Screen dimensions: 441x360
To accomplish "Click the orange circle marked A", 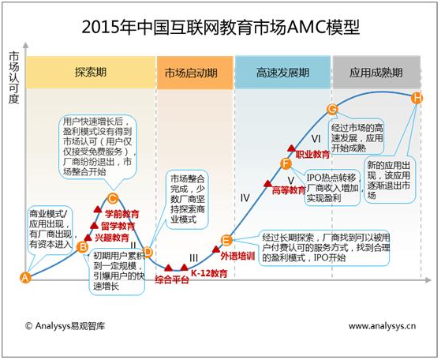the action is [25, 278].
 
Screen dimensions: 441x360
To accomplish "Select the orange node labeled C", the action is [112, 199].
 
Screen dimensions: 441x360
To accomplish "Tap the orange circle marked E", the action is [226, 240].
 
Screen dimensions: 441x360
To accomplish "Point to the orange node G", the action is [332, 109].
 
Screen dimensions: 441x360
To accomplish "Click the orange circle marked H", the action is [417, 98].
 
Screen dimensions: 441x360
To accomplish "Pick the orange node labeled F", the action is [286, 163].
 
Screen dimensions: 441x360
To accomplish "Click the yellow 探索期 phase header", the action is [91, 73].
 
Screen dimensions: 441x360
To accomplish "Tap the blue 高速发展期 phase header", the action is [282, 73].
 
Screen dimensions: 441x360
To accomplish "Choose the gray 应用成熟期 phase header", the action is [376, 73].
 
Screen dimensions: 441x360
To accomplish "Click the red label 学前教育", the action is [122, 214].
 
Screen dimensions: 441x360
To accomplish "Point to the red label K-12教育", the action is [209, 273].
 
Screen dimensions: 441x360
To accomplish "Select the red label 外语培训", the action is [237, 256].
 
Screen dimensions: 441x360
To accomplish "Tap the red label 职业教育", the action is [312, 154].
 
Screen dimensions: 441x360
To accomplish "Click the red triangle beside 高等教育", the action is [267, 183].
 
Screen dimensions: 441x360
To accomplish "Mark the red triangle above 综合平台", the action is [168, 268].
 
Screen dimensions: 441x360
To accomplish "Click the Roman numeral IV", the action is [245, 198].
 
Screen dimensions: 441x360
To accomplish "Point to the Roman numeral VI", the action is [316, 138].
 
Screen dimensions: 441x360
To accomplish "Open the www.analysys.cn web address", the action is [382, 326].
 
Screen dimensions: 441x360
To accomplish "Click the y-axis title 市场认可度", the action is [13, 77].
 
